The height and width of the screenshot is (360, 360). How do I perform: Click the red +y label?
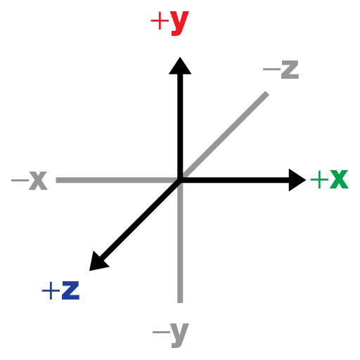point(169,22)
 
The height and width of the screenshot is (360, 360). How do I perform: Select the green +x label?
point(329,179)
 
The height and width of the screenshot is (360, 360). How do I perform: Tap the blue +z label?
point(60,290)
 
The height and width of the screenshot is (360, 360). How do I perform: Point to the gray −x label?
point(30,180)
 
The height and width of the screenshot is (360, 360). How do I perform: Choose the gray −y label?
point(171,335)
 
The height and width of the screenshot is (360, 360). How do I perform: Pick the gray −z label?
point(281,70)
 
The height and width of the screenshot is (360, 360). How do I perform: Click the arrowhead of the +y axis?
point(180,65)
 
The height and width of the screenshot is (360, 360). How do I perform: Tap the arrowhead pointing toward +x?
point(297,180)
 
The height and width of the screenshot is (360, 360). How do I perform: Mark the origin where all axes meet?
point(180,180)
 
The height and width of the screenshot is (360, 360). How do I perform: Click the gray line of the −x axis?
point(117,180)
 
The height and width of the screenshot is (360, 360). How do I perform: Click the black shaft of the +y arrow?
point(180,127)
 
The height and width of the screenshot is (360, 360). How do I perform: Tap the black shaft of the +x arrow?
point(235,180)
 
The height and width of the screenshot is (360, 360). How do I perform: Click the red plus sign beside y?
point(160,21)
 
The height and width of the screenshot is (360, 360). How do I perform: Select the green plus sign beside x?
point(319,179)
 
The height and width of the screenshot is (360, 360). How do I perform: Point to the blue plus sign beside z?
point(51,290)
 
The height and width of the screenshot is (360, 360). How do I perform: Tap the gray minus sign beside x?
point(20,180)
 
